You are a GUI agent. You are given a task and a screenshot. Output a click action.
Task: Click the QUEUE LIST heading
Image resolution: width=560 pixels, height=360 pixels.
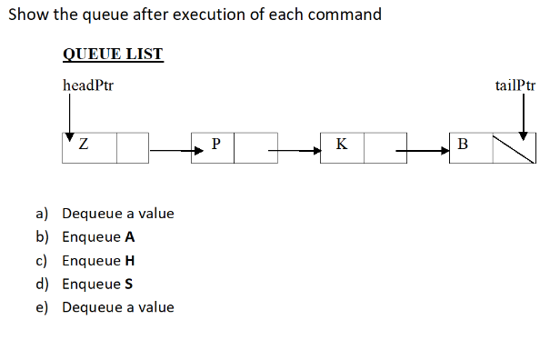coord(113,53)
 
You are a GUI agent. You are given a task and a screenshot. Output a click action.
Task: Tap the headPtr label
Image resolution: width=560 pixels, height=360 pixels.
coord(87,86)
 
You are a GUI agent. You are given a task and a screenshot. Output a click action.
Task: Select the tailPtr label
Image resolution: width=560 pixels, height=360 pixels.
coord(515,86)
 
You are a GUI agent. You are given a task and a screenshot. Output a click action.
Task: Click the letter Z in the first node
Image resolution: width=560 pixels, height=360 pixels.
coord(84,144)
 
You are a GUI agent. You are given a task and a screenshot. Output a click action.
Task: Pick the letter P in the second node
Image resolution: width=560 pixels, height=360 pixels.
coord(215,144)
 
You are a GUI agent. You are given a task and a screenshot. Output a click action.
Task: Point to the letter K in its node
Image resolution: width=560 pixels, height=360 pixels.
coord(341,144)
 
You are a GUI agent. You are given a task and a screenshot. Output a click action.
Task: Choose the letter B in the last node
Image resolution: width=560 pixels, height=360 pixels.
coord(463,144)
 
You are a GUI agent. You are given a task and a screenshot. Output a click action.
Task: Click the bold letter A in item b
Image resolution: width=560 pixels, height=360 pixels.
coord(130,237)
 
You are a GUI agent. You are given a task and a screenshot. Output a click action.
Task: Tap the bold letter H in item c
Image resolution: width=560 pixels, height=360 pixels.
coord(130,260)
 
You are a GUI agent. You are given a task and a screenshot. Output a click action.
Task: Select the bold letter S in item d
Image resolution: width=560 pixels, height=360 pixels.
coord(129,284)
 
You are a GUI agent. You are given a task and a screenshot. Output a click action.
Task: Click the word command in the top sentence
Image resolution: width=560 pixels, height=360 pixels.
coord(343,15)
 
